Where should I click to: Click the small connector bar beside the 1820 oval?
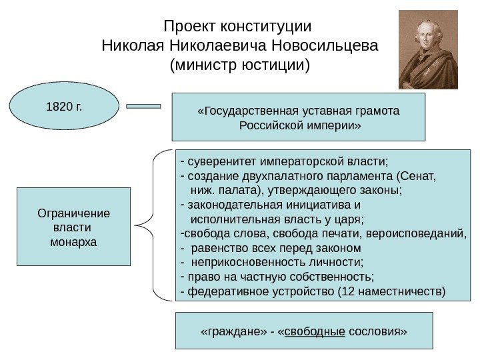(143, 105)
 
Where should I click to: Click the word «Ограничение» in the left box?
(73, 213)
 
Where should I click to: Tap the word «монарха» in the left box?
(73, 241)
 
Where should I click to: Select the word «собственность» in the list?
(334, 277)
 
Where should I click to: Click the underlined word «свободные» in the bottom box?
(315, 331)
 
